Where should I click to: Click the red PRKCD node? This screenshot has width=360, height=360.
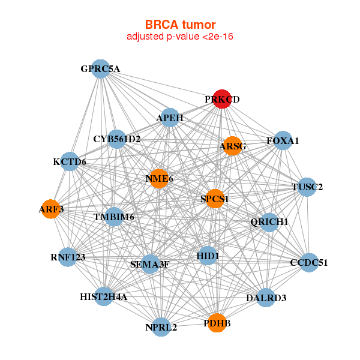pyautogui.click(x=223, y=100)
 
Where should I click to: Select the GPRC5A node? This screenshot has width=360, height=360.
pyautogui.click(x=101, y=69)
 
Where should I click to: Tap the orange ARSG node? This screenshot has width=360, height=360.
pyautogui.click(x=232, y=146)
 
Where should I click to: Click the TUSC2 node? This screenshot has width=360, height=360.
pyautogui.click(x=307, y=187)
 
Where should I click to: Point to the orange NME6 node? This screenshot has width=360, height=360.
pyautogui.click(x=159, y=178)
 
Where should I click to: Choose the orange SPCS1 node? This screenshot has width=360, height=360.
pyautogui.click(x=215, y=198)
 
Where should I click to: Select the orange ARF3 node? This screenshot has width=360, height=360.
pyautogui.click(x=50, y=209)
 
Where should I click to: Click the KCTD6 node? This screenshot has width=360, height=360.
pyautogui.click(x=70, y=162)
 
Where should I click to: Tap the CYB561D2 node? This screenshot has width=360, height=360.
pyautogui.click(x=117, y=139)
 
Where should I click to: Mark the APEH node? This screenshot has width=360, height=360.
pyautogui.click(x=170, y=118)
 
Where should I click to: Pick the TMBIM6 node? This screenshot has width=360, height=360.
pyautogui.click(x=114, y=217)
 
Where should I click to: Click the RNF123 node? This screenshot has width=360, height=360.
pyautogui.click(x=68, y=257)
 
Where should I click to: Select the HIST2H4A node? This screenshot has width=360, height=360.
pyautogui.click(x=104, y=296)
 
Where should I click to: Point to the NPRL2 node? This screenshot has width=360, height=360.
pyautogui.click(x=161, y=327)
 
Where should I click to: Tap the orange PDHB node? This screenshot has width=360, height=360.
pyautogui.click(x=217, y=323)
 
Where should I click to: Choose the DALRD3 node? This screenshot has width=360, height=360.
pyautogui.click(x=266, y=298)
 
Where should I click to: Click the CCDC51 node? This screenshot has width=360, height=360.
pyautogui.click(x=309, y=262)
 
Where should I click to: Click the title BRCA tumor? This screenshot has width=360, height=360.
pyautogui.click(x=180, y=25)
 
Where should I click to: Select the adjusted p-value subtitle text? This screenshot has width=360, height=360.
pyautogui.click(x=180, y=37)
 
